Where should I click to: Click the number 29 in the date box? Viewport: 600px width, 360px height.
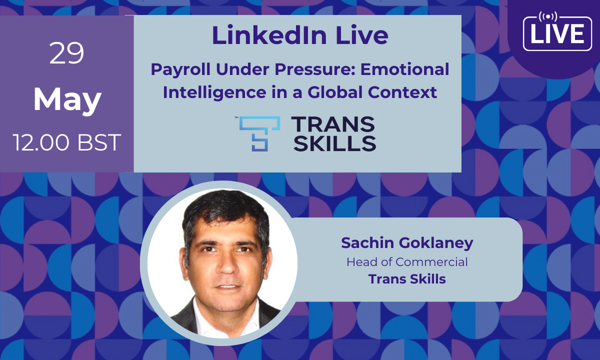tap(66, 53)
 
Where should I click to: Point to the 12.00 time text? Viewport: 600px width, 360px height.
tap(40, 142)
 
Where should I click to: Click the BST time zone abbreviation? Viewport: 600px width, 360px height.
tap(99, 142)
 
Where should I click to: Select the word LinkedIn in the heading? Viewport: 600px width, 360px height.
tap(269, 35)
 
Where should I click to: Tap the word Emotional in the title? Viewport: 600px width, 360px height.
tap(404, 69)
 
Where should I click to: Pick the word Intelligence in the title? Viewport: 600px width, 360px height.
tap(214, 92)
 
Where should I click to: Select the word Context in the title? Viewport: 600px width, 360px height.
tap(402, 92)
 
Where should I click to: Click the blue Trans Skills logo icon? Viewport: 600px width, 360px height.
tap(259, 133)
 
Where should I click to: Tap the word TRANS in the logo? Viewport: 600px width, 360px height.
tap(333, 124)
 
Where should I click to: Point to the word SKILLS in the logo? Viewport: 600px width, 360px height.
tap(335, 143)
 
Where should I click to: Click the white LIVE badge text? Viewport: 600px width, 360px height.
tap(557, 34)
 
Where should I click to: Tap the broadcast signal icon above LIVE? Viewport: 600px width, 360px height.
tap(548, 16)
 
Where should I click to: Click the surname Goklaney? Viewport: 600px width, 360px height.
tap(436, 243)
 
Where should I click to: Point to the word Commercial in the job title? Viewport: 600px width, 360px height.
tap(431, 262)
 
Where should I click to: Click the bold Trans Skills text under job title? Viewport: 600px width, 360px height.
tap(407, 279)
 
